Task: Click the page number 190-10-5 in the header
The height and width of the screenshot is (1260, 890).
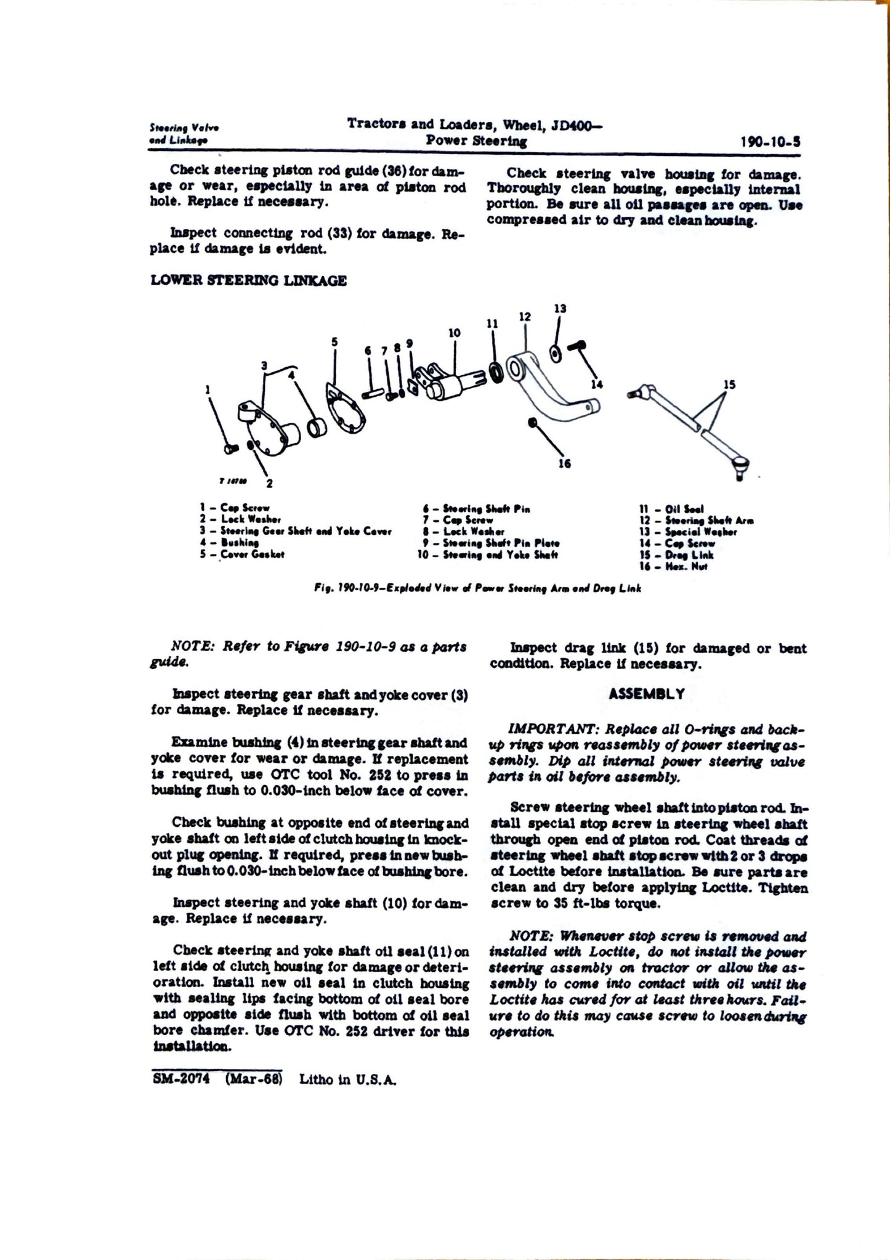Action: click(x=771, y=142)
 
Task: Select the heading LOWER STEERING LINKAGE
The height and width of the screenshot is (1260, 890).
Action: click(x=248, y=281)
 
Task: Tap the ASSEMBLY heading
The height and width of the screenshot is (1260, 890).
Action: click(x=646, y=694)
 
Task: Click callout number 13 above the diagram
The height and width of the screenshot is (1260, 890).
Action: click(x=560, y=309)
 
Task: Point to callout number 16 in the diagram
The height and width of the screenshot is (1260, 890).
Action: click(x=564, y=463)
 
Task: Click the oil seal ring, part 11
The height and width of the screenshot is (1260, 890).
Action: click(x=494, y=372)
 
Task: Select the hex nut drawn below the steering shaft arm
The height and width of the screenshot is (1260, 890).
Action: click(x=532, y=422)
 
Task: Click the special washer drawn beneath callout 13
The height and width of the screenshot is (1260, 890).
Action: click(x=554, y=352)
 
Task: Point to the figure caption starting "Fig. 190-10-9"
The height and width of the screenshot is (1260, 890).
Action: click(x=477, y=588)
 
